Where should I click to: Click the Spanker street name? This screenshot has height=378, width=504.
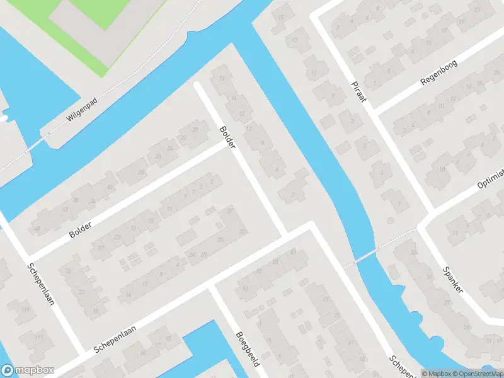click(452, 278)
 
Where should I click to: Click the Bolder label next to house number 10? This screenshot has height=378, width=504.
click(227, 137)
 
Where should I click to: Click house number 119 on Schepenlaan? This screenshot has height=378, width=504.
click(25, 309)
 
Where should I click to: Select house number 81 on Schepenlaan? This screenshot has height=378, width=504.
click(294, 252)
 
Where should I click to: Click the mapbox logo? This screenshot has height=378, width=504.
click(28, 370)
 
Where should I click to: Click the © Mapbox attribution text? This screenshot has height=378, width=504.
click(436, 373)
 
